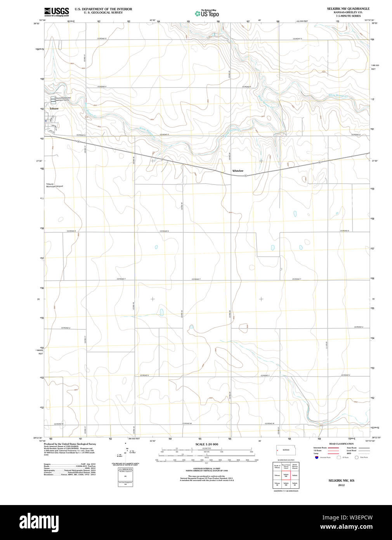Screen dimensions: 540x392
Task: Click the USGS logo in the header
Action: (x=57, y=11)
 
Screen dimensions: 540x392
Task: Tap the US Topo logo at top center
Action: (x=207, y=14)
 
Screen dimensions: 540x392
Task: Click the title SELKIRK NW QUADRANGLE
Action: (x=348, y=9)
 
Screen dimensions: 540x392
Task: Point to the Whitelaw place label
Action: (x=238, y=171)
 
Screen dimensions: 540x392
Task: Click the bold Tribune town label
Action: (x=54, y=109)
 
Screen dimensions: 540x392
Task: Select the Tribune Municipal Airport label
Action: (x=54, y=185)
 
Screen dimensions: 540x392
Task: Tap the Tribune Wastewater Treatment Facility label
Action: (x=62, y=99)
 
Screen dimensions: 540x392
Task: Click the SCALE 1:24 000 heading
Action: (x=206, y=444)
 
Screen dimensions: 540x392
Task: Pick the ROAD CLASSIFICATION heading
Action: (x=341, y=444)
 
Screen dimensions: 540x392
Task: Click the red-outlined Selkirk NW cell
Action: (x=286, y=475)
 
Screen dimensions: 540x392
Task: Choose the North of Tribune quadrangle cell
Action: (x=277, y=466)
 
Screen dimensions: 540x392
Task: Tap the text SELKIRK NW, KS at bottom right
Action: (x=341, y=481)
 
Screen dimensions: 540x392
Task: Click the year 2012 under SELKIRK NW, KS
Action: (x=341, y=485)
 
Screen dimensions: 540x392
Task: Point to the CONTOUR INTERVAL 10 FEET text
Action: (x=206, y=469)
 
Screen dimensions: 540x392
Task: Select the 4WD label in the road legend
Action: (x=349, y=453)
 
